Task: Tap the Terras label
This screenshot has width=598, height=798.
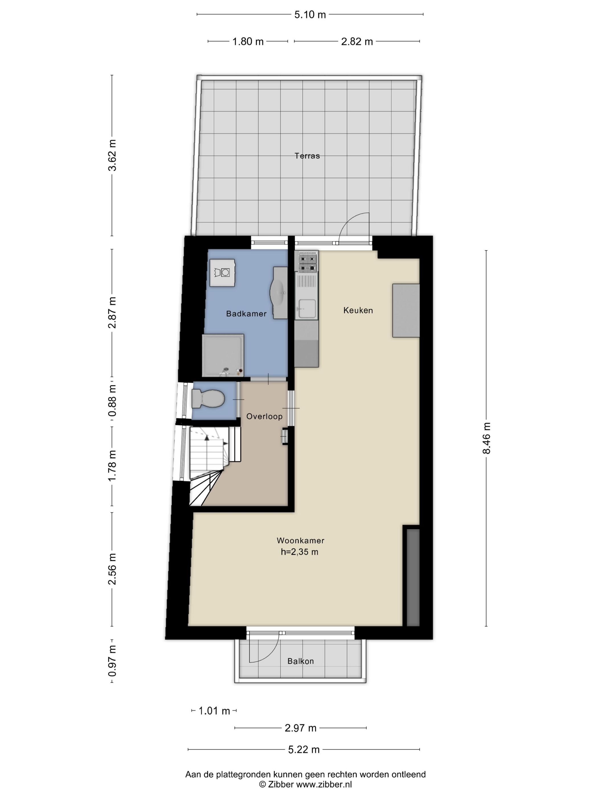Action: [x=307, y=156]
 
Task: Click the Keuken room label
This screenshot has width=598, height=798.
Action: [x=358, y=310]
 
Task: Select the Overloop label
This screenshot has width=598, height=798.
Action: [x=264, y=416]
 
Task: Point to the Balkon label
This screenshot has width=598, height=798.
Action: [x=300, y=661]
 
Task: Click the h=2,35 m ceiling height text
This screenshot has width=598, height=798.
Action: [x=299, y=551]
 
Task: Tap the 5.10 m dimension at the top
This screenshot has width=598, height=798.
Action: [x=310, y=15]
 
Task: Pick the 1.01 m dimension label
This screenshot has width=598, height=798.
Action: [x=214, y=711]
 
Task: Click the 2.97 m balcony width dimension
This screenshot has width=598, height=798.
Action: [x=300, y=728]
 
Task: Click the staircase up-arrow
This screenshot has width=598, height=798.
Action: [x=206, y=437]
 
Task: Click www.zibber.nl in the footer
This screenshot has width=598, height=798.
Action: [x=324, y=784]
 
